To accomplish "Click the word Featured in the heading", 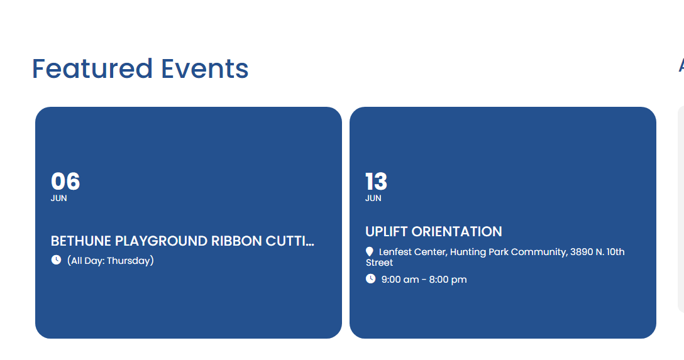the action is tap(92, 69).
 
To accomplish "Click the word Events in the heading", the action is tap(204, 69).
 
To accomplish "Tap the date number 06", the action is tap(65, 182).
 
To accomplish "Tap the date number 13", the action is tap(376, 182).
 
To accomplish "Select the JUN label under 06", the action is tap(59, 199).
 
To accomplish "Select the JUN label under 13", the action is tap(373, 199).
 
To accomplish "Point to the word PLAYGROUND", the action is tap(161, 241).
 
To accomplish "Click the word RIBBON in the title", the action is tap(236, 241).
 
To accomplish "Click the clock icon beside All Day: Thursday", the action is tap(57, 259).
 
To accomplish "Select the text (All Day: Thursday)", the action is tap(111, 261).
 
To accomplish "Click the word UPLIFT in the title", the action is tap(386, 231).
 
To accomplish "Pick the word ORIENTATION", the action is tap(456, 231).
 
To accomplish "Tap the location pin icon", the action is tap(370, 251).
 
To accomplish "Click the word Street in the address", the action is tap(380, 263).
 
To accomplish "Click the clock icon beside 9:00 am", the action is tap(370, 278).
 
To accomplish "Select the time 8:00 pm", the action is tap(448, 280).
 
